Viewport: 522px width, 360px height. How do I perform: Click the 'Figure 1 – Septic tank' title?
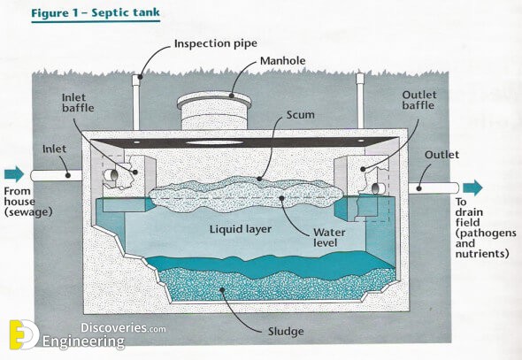tap(96, 13)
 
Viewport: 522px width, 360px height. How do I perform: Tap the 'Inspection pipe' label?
tap(216, 43)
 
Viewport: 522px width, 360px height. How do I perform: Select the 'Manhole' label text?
tap(282, 61)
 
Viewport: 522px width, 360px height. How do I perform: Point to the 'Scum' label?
tap(300, 115)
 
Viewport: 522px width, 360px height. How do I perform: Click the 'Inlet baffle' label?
tap(78, 103)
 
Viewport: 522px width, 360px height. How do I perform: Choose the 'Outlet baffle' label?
tap(419, 100)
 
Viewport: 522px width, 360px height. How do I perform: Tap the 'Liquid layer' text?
tap(241, 229)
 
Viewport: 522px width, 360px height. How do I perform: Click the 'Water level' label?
tap(329, 237)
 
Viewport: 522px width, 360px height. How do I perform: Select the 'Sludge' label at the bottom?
tap(286, 332)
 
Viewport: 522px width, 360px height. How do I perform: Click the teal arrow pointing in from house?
tap(14, 174)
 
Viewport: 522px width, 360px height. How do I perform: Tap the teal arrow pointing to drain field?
tap(472, 188)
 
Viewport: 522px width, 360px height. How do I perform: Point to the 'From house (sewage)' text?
tap(28, 202)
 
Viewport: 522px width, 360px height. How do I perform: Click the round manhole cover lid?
tap(214, 100)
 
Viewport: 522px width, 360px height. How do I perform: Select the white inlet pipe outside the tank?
tap(57, 175)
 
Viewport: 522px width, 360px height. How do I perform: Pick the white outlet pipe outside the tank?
tap(434, 188)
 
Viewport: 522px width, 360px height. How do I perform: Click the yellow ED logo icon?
tap(23, 334)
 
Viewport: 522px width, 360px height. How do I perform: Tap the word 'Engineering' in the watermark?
tap(83, 341)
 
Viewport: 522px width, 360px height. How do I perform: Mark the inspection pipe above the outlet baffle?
tap(360, 101)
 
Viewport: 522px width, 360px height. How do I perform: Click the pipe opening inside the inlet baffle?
tap(111, 175)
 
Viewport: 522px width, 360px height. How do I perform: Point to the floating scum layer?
tap(246, 195)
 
